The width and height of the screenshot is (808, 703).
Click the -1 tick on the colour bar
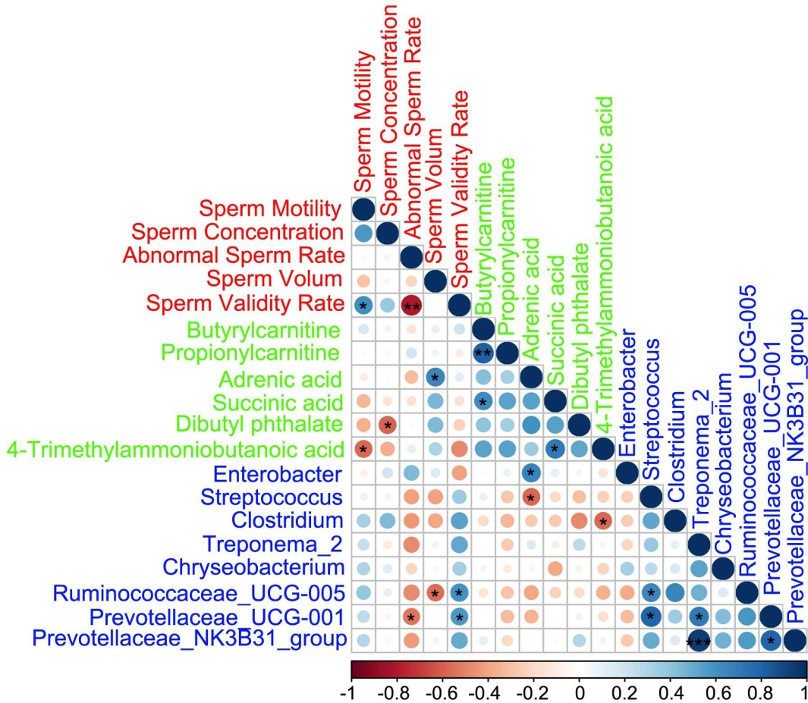[x=352, y=691]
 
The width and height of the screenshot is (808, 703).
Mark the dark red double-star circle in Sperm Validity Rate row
[x=411, y=305]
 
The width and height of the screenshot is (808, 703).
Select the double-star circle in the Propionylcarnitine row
[x=483, y=353]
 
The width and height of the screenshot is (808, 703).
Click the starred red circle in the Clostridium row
[x=603, y=522]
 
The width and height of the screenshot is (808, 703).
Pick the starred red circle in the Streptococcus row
[x=531, y=497]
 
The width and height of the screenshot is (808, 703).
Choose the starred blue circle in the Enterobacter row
[x=531, y=473]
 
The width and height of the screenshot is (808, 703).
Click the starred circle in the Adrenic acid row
[x=435, y=377]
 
